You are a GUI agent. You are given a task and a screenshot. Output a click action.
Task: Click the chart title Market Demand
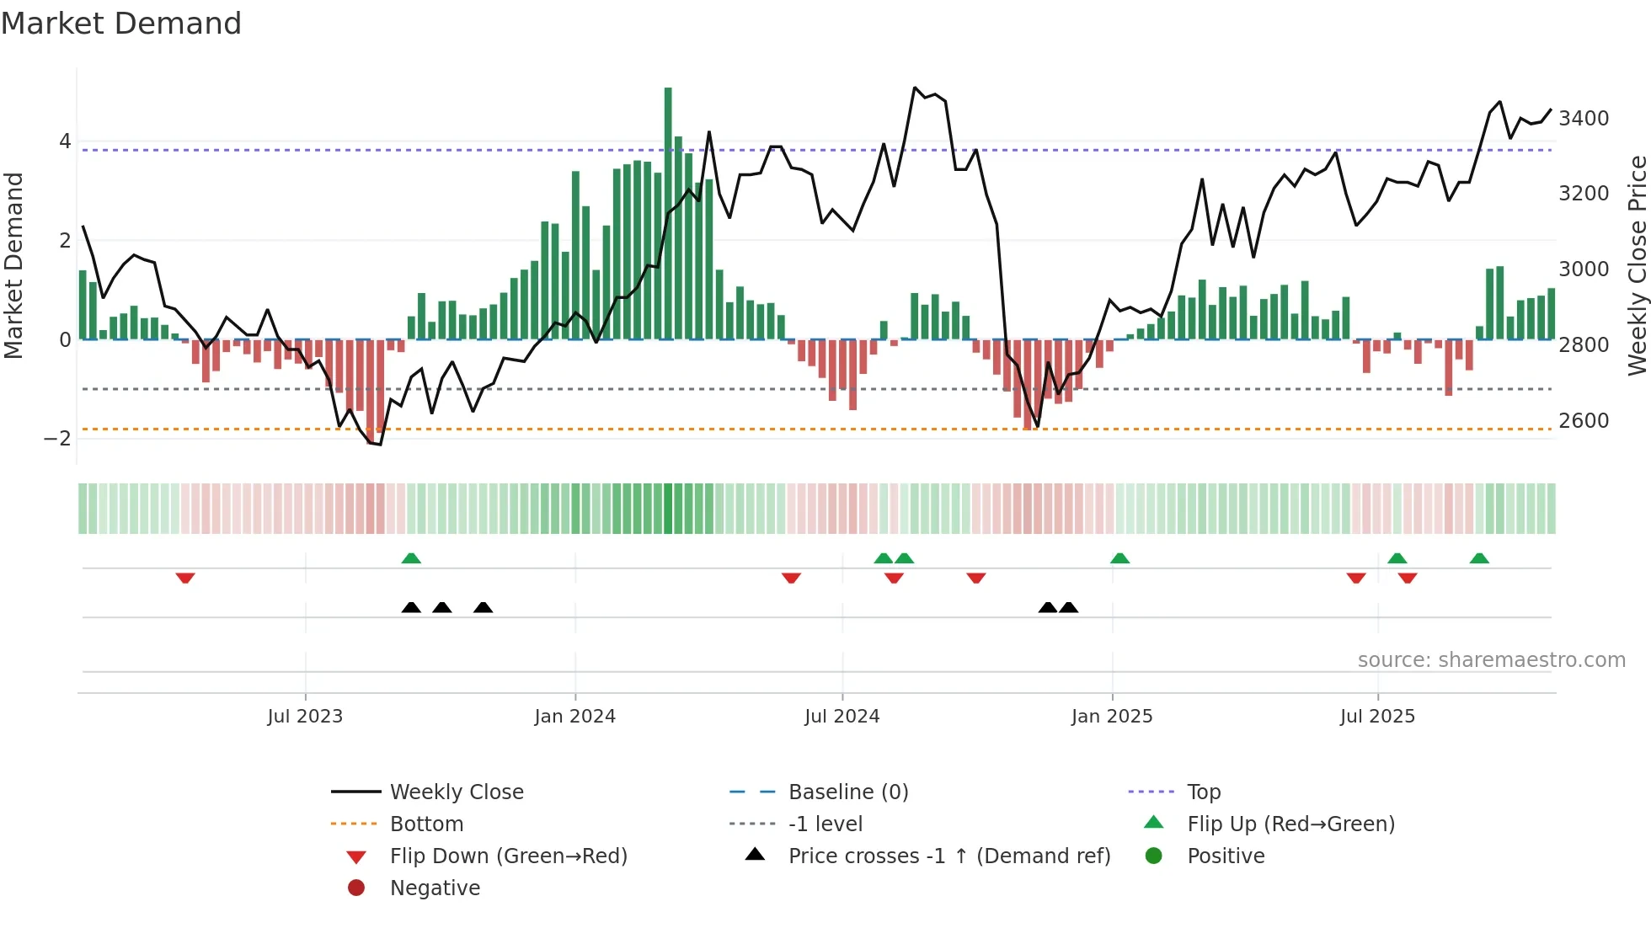(x=121, y=23)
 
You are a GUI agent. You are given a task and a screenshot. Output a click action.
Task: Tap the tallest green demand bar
(x=668, y=211)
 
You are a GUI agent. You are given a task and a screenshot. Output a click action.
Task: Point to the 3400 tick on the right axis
(x=1583, y=119)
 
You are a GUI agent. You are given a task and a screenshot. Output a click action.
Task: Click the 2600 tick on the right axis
(x=1583, y=420)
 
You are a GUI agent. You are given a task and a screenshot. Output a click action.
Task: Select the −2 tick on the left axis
(x=57, y=439)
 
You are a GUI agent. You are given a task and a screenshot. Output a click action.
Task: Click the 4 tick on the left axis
(x=65, y=141)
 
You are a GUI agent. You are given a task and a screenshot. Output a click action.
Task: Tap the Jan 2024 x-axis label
(x=574, y=717)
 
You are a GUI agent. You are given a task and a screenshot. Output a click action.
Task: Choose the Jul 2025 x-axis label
(x=1377, y=717)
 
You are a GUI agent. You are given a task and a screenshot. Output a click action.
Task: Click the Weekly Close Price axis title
(x=1637, y=265)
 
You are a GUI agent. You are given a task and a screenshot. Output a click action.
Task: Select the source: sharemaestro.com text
(x=1491, y=660)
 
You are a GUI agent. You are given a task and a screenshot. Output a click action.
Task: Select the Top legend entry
(x=1203, y=792)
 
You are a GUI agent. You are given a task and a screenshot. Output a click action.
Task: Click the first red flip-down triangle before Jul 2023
(x=185, y=578)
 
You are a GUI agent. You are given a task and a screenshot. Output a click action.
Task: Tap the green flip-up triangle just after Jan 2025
(x=1119, y=558)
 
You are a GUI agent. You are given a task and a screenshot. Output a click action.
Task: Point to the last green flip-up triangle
(x=1479, y=558)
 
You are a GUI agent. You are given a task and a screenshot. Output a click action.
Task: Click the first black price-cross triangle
(x=411, y=607)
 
